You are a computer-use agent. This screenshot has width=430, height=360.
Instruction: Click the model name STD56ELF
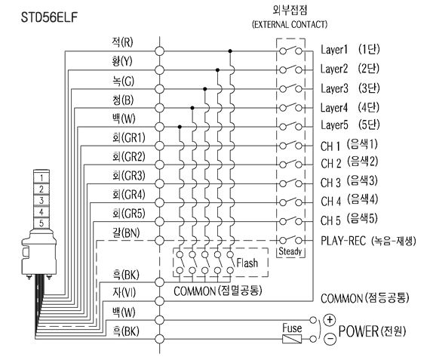point(49,17)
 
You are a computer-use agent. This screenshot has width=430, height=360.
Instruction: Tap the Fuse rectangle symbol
point(292,339)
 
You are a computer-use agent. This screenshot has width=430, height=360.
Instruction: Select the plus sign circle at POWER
point(330,320)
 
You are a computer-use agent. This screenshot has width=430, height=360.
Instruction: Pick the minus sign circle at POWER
point(330,339)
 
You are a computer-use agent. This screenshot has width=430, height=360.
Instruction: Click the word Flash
point(247,263)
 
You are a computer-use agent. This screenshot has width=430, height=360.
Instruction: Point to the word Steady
point(290,251)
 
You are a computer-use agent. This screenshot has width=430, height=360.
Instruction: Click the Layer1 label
point(334,50)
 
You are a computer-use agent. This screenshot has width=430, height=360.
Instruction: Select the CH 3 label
point(330,183)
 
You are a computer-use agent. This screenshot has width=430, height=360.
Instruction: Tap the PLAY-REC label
point(343,241)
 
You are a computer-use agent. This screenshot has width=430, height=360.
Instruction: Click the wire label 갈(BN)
point(126,233)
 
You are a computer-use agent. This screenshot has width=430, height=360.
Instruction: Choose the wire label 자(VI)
point(124,292)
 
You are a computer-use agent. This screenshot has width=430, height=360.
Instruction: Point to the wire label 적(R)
point(122,42)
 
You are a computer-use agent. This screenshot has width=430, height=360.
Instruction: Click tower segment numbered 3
point(41,200)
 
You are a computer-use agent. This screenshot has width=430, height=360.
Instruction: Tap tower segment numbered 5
point(41,223)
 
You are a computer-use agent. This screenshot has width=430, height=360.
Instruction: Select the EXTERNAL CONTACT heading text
point(290,24)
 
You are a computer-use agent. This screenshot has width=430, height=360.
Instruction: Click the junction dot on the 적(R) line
point(230,51)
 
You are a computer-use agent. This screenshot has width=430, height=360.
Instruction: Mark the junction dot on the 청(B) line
point(192,108)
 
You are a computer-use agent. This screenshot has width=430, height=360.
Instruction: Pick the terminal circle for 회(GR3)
point(159,183)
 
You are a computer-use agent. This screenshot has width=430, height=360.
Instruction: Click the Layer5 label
point(334,125)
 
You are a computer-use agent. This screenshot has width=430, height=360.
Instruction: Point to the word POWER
point(358,331)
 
